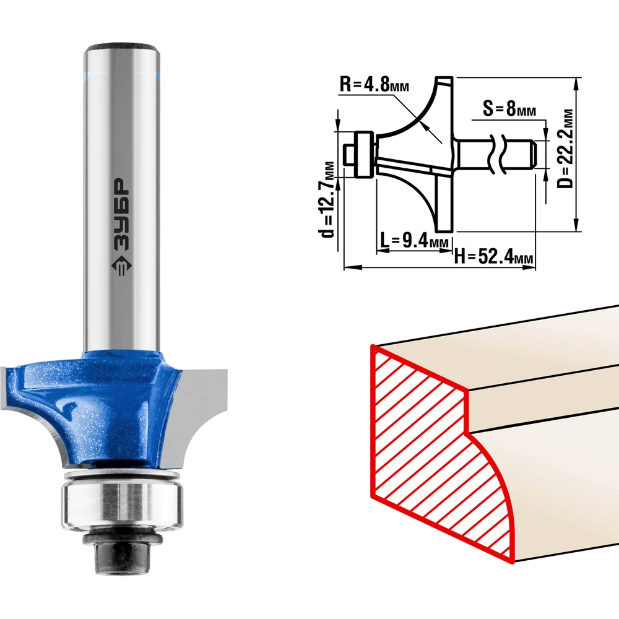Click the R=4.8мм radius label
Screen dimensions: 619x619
click(x=374, y=84)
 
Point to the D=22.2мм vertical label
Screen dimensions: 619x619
click(x=565, y=149)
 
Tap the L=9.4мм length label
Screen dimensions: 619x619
click(x=414, y=240)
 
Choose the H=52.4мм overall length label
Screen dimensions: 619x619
click(x=493, y=257)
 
